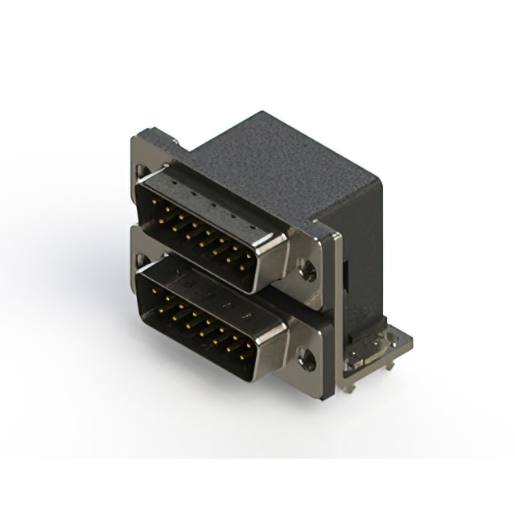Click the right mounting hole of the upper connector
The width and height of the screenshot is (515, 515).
click(x=307, y=270)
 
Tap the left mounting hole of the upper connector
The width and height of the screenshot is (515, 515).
click(x=142, y=171)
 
